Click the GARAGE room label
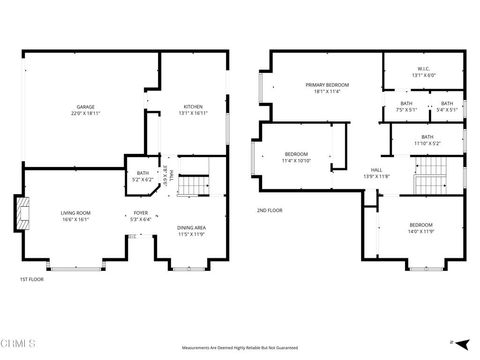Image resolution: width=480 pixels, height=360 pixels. click(86, 110)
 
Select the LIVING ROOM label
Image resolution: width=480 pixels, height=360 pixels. click(75, 217)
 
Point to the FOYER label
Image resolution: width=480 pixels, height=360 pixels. click(141, 217)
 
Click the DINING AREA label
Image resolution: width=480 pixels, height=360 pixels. click(191, 231)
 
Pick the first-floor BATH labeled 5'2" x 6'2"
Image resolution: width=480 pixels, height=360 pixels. click(144, 177)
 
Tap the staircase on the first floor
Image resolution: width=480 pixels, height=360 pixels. click(198, 184)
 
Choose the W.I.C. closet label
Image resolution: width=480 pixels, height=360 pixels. click(424, 73)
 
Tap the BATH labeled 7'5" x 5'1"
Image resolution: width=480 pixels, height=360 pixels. click(406, 106)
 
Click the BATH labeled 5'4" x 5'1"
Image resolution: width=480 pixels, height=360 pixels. click(447, 106)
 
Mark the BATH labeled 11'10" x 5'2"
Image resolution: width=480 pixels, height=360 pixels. click(427, 140)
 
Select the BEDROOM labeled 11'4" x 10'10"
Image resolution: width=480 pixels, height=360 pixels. click(296, 156)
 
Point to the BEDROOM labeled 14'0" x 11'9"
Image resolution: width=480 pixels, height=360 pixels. click(420, 228)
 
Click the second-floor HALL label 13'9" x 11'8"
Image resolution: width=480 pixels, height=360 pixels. click(377, 173)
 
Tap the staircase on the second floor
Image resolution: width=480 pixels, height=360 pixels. click(430, 183)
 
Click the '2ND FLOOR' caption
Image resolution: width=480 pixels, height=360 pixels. click(270, 211)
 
